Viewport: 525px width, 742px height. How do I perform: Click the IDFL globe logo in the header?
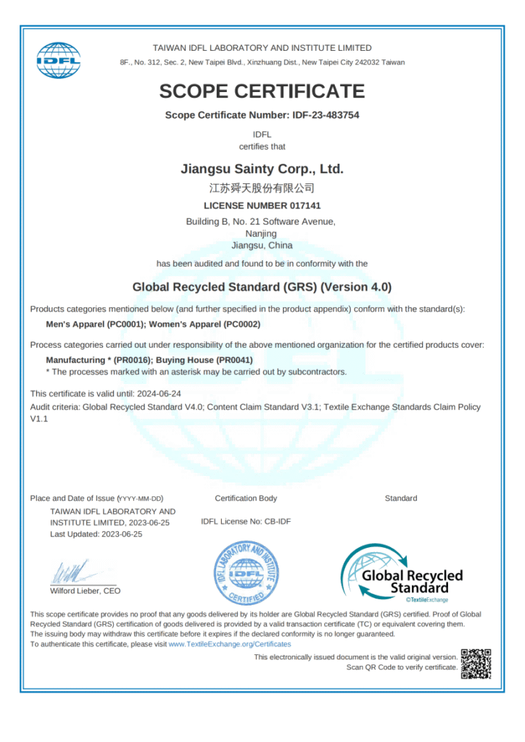[x=59, y=60]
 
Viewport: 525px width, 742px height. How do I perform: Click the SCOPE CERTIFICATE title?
[x=262, y=91]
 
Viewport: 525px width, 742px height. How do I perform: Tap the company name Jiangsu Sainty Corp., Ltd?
[x=262, y=170]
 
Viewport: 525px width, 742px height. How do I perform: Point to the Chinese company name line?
[x=262, y=188]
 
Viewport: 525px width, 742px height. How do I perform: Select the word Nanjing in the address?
[x=261, y=234]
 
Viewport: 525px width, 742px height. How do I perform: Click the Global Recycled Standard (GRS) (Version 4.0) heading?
[x=262, y=287]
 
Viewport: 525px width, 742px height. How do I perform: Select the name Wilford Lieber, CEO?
[x=85, y=591]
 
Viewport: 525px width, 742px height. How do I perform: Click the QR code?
[x=476, y=664]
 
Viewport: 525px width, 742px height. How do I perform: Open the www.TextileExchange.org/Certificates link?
[x=229, y=643]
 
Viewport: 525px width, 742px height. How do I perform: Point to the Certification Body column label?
[x=246, y=498]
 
